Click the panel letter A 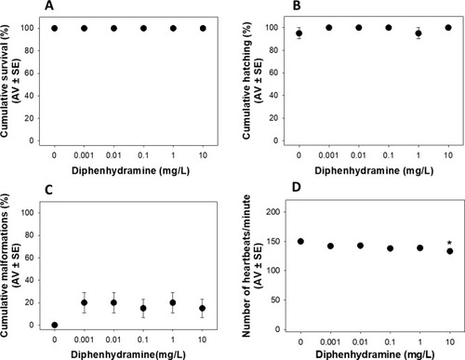click(49, 6)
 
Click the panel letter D click(297, 187)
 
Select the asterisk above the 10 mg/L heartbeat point click(449, 243)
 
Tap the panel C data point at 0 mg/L click(55, 325)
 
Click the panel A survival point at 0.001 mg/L click(84, 28)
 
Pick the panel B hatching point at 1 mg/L click(418, 33)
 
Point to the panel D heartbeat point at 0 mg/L click(300, 241)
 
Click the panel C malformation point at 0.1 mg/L click(143, 308)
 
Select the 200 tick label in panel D click(273, 212)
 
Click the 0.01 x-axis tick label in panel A click(113, 155)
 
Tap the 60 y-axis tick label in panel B click(273, 73)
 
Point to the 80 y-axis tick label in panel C click(29, 235)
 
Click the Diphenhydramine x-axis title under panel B click(374, 170)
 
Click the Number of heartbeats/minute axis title click(246, 266)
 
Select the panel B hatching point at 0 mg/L click(299, 33)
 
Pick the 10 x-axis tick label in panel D click(450, 342)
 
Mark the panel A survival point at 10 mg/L click(203, 28)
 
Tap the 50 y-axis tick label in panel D click(275, 300)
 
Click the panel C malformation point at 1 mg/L click(173, 302)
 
